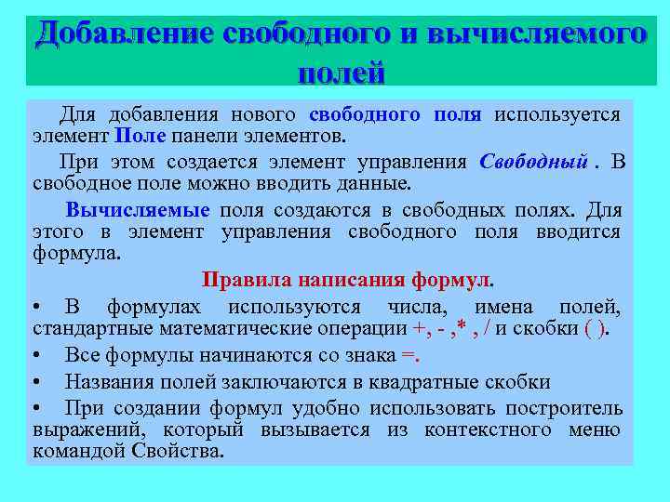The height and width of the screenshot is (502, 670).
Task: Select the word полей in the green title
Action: pos(341,71)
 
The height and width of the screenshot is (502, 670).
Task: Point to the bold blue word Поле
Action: pos(141,137)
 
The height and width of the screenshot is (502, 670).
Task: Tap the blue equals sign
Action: pos(409,354)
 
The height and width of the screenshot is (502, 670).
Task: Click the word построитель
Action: pos(564,408)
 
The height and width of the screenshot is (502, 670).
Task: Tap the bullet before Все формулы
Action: pos(34,355)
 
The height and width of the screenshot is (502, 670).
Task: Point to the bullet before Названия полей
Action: pos(34,382)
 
